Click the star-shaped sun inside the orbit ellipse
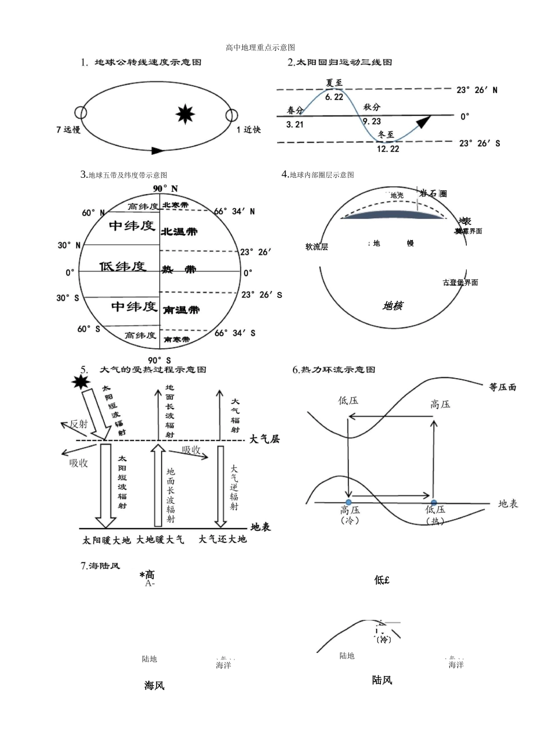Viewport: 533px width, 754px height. point(185,114)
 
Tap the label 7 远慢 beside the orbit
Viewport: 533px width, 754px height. point(68,130)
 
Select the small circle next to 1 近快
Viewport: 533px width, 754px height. point(232,116)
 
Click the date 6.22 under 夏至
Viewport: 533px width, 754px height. point(334,96)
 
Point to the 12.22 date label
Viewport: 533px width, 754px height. point(388,149)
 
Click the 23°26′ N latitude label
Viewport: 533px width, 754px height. point(476,90)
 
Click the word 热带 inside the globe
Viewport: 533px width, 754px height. point(179,270)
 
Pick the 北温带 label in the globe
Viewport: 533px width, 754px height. point(179,231)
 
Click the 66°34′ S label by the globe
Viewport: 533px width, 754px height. point(235,333)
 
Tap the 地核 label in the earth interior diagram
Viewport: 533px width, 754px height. point(392,306)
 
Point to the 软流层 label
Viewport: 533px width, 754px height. point(316,247)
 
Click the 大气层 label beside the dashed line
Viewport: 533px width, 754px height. point(264,439)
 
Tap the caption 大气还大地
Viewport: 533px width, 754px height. point(222,539)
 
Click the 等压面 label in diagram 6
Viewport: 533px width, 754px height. point(502,387)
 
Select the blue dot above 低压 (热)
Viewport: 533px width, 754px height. point(434,503)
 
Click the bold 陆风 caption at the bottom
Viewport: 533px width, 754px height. point(382,680)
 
